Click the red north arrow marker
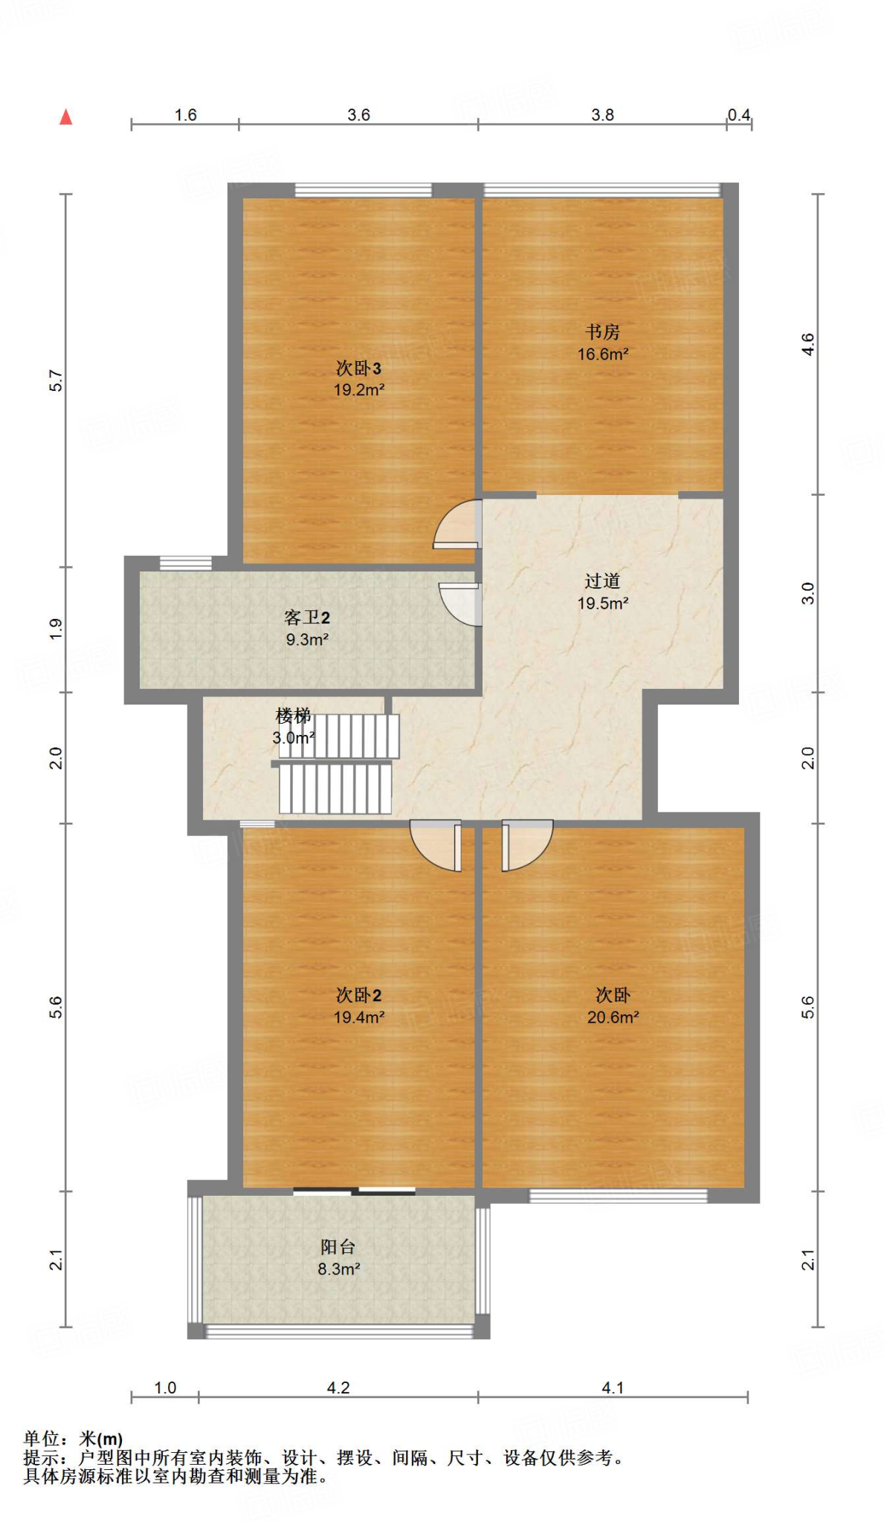coord(66,117)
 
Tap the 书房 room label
coord(601,331)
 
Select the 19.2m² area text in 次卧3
coord(358,389)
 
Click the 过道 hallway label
coord(601,580)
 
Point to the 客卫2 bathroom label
coord(306,618)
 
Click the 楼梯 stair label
coord(293,716)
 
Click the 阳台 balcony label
coord(338,1246)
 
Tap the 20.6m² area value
coord(613,1017)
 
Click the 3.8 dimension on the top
coord(602,114)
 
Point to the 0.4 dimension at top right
coord(738,114)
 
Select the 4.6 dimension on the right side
coord(808,344)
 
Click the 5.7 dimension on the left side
coord(57,380)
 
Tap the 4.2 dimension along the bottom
coord(338,1387)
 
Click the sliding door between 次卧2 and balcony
coord(354,1191)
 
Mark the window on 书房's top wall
coord(602,190)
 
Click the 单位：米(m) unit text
coord(73,1439)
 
